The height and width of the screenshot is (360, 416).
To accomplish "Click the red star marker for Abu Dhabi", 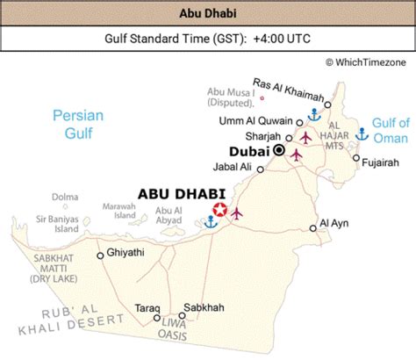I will tap(219, 210).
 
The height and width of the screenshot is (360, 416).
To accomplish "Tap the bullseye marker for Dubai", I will tap(279, 150).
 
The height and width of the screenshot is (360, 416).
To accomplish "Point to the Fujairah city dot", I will tap(356, 159).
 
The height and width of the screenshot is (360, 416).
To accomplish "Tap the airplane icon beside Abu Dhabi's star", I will tap(236, 212).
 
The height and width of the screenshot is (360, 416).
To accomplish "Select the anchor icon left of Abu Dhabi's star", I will tap(210, 222).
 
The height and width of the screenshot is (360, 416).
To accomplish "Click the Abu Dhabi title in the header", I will tap(207, 12).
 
